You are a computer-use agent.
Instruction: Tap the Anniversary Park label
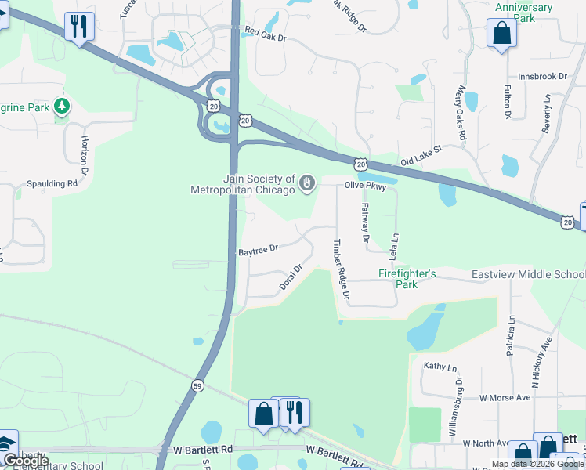(524, 13)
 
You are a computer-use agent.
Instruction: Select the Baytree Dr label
(258, 250)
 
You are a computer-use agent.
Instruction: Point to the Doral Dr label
(291, 278)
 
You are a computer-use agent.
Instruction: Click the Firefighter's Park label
(407, 279)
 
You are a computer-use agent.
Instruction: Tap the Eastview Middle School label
(528, 274)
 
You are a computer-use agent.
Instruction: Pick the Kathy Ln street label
(439, 367)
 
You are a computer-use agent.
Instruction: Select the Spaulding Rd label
(51, 183)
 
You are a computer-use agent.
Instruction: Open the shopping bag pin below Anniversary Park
(501, 34)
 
